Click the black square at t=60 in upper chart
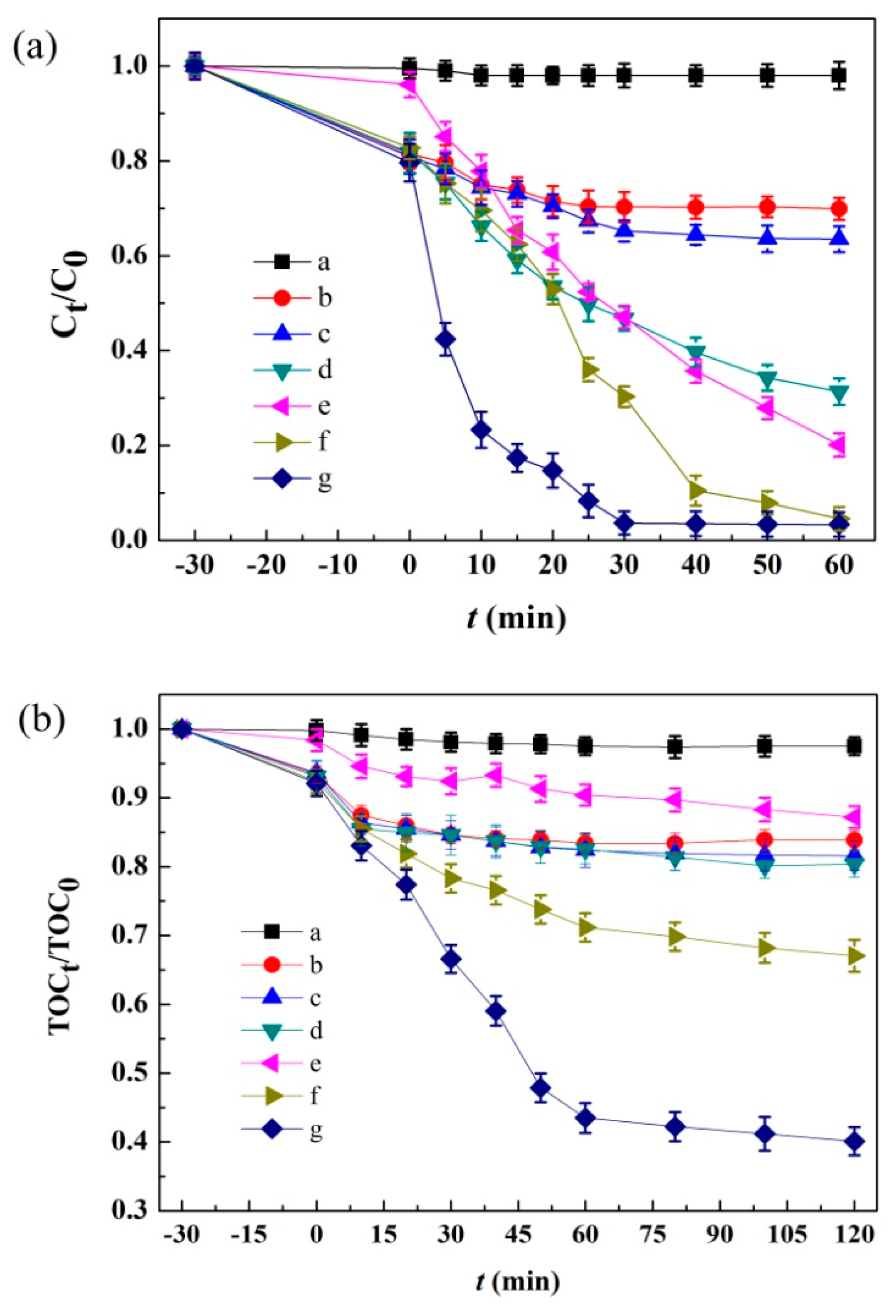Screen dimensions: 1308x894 [839, 75]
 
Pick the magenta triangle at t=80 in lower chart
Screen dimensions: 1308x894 [674, 799]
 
